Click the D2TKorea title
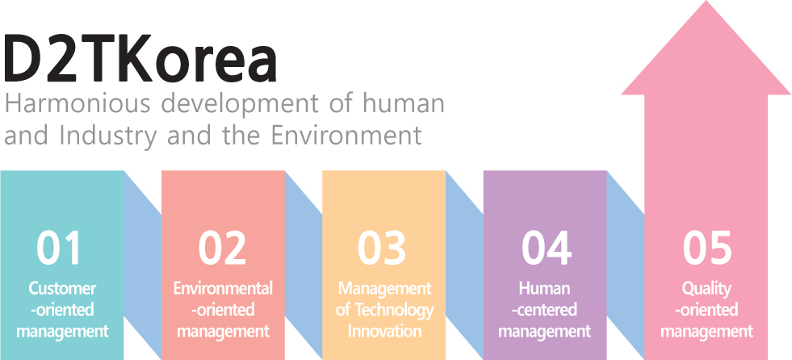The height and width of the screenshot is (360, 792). tap(141, 59)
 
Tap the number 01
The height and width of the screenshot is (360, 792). tap(59, 249)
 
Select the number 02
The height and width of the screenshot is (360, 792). tap(222, 249)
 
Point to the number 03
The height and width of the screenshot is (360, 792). tap(382, 249)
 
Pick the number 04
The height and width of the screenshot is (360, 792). tap(547, 249)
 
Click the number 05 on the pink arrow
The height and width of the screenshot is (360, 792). tap(707, 249)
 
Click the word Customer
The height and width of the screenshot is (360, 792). tap(63, 289)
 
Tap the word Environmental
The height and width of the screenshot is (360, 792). tap(224, 289)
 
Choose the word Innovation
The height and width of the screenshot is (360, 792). tap(385, 331)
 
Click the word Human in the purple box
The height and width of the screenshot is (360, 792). tap(544, 289)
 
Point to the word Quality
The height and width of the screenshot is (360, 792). tap(706, 290)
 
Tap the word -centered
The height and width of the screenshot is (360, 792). tap(544, 310)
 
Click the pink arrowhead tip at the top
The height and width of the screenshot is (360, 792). tap(706, 1)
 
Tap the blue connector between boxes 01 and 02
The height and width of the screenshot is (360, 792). tap(142, 265)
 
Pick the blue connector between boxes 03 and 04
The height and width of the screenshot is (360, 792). tap(465, 265)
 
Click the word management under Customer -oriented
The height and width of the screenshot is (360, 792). tap(63, 333)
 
